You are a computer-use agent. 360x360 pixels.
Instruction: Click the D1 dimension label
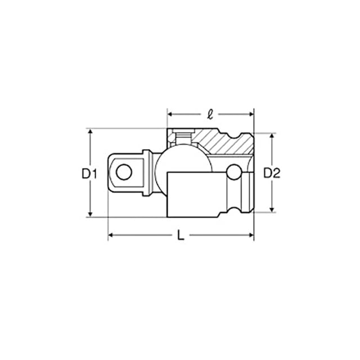tap(89, 174)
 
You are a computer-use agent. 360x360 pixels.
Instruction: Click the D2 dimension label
tap(272, 173)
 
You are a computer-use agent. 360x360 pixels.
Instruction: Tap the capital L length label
tap(181, 235)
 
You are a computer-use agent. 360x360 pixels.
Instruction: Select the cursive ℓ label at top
tap(210, 114)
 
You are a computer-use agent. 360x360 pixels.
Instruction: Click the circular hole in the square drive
tap(124, 172)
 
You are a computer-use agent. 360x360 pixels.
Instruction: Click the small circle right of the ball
tap(234, 172)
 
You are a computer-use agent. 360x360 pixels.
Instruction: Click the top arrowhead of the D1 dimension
tap(90, 131)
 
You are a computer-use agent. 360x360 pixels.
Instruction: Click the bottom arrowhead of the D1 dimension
tap(90, 214)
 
